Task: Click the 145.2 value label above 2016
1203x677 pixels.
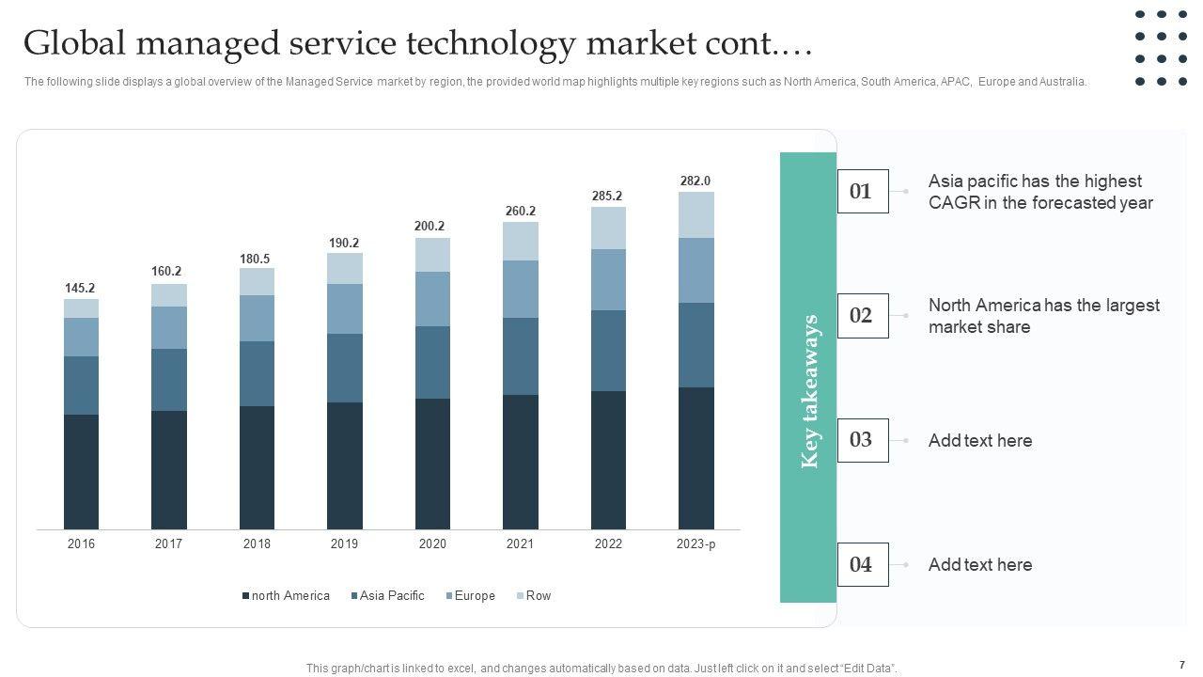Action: pyautogui.click(x=80, y=288)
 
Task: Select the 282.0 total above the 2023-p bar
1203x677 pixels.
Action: pyautogui.click(x=695, y=181)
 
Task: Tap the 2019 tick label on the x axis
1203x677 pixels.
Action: pyautogui.click(x=344, y=544)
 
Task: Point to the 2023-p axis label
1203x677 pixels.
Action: pyautogui.click(x=695, y=544)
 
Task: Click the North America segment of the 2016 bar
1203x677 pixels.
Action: pyautogui.click(x=81, y=471)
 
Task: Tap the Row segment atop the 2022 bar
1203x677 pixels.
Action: pyautogui.click(x=608, y=228)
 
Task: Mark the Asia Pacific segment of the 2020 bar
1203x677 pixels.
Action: pyautogui.click(x=432, y=362)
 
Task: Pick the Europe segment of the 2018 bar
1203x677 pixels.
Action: pyautogui.click(x=257, y=318)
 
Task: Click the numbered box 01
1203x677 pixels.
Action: pyautogui.click(x=862, y=192)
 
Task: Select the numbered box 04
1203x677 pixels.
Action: pyautogui.click(x=862, y=565)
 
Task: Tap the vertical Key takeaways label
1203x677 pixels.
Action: pyautogui.click(x=809, y=391)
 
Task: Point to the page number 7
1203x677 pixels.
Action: pyautogui.click(x=1180, y=664)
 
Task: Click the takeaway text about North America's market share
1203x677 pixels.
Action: pyautogui.click(x=1043, y=316)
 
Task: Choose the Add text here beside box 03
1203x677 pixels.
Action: pyautogui.click(x=979, y=441)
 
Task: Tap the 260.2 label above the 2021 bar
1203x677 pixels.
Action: pyautogui.click(x=520, y=211)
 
